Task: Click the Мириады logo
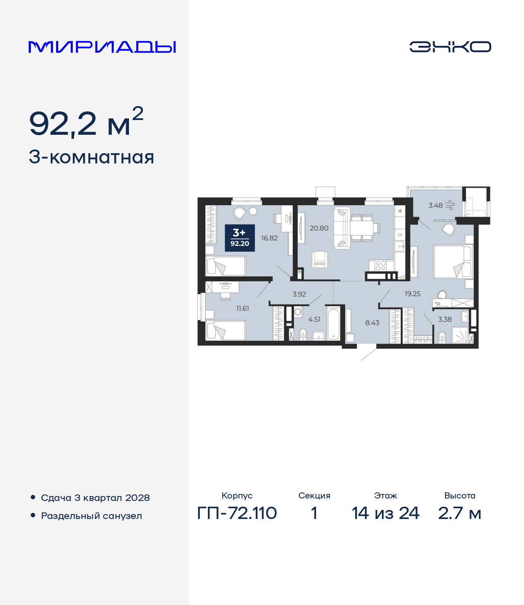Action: click(x=102, y=47)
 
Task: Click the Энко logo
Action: click(x=450, y=47)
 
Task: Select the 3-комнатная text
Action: click(x=91, y=157)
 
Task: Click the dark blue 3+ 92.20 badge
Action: click(x=239, y=238)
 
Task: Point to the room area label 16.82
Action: click(x=269, y=238)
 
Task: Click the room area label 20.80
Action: click(x=319, y=228)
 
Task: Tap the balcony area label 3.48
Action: click(x=436, y=205)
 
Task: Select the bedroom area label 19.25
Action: click(x=412, y=294)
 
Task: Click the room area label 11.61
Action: click(x=242, y=308)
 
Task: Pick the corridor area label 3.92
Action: click(x=299, y=294)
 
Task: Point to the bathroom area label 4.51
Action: click(x=314, y=319)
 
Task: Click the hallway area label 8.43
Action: click(x=372, y=323)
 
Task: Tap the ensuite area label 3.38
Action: click(x=445, y=319)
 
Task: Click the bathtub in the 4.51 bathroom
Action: click(x=333, y=324)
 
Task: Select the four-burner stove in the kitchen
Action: click(x=380, y=265)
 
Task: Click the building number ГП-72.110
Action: click(x=237, y=513)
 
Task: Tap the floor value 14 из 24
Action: click(x=386, y=513)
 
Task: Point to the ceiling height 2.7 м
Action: click(x=459, y=513)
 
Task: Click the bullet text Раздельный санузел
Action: click(x=91, y=516)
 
